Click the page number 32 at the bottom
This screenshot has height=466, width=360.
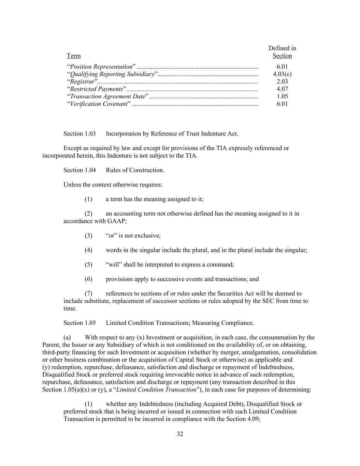tap(180, 434)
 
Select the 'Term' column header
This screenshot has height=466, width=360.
tap(74, 56)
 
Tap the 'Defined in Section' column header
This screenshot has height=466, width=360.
tap(282, 52)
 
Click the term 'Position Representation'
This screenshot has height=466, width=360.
tap(101, 67)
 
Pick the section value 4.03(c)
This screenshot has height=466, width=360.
tap(282, 74)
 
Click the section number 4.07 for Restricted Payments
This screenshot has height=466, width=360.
tap(282, 89)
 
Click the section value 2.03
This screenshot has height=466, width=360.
tap(282, 81)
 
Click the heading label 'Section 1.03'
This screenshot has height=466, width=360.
tap(80, 133)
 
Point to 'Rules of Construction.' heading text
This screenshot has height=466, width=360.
tap(135, 170)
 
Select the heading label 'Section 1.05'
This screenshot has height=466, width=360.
tap(80, 323)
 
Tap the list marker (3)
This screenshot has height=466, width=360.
tap(88, 236)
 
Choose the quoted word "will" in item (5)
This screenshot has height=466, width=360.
tap(113, 265)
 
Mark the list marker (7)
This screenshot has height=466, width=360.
tap(88, 294)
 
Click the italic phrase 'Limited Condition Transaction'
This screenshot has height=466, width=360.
tap(157, 390)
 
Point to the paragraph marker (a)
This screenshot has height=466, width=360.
tap(67, 338)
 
